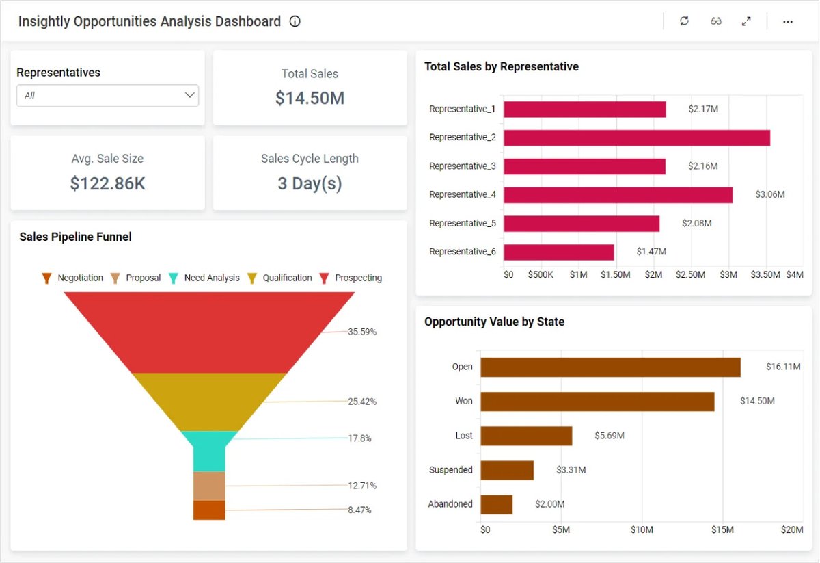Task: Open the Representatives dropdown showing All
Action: (107, 96)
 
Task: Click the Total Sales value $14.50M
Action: (310, 99)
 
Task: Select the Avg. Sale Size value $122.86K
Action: (107, 183)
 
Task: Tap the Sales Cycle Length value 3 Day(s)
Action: (310, 183)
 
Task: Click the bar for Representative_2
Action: (637, 138)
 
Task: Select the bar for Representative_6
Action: (559, 252)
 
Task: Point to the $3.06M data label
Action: (770, 195)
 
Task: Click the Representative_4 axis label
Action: (463, 195)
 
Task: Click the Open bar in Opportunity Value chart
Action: (610, 367)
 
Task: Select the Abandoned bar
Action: (497, 505)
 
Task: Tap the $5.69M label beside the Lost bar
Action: (609, 436)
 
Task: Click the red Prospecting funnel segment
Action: (209, 332)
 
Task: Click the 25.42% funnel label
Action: (362, 402)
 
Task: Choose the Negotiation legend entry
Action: (73, 278)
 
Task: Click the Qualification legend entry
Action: (279, 278)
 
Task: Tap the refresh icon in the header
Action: (684, 21)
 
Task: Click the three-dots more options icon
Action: (788, 21)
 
